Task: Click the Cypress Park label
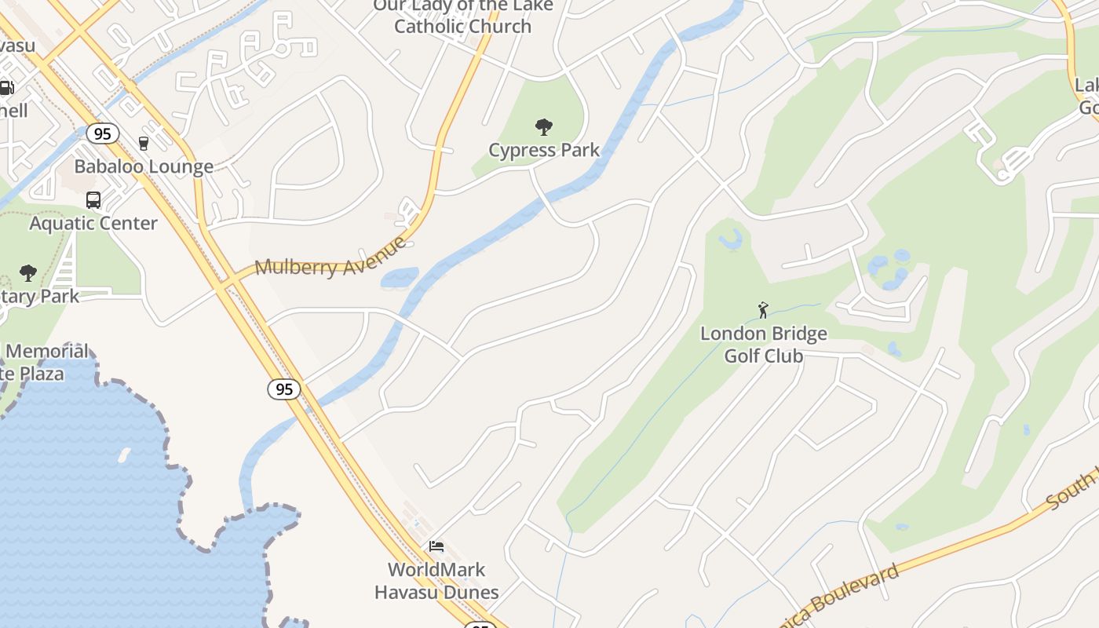pos(544,150)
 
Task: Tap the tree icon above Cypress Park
pos(543,126)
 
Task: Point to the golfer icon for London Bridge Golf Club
pos(763,310)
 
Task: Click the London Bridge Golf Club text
pos(764,345)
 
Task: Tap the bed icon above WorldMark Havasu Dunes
pos(436,546)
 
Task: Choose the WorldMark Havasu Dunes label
pos(436,581)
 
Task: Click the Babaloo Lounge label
pos(144,166)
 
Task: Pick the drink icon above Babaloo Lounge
pos(144,143)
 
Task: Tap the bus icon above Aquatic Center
pos(93,200)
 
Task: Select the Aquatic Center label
pos(93,223)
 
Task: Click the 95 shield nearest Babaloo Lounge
pos(103,133)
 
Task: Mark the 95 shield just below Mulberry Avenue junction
pos(283,389)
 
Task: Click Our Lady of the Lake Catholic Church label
pos(462,16)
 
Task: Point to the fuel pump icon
pos(6,88)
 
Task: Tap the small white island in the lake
pos(124,455)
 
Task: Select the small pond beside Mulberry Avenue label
pos(400,278)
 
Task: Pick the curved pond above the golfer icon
pos(731,239)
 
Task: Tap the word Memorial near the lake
pos(48,351)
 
